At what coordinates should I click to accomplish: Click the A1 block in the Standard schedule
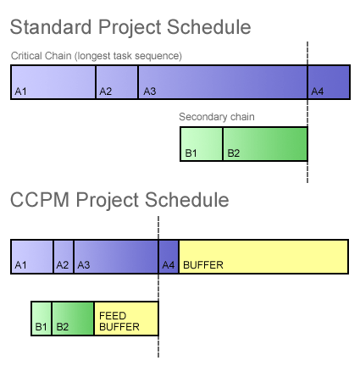[53, 82]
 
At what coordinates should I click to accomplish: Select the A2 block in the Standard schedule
[117, 82]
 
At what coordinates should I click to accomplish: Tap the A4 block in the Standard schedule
[329, 82]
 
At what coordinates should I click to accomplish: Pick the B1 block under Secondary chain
[202, 144]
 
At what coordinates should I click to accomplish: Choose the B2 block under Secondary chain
[265, 144]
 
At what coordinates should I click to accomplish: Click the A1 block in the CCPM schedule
[32, 257]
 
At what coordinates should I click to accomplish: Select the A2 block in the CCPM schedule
[64, 257]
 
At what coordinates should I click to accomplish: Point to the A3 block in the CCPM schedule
[116, 257]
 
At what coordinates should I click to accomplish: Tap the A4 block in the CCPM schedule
[169, 257]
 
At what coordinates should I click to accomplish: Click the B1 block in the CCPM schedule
[42, 319]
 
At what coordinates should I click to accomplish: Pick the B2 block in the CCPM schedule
[73, 319]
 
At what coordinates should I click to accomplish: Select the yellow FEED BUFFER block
[126, 319]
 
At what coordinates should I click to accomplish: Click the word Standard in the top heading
[51, 27]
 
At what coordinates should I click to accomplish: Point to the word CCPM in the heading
[40, 200]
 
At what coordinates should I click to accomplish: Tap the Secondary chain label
[217, 117]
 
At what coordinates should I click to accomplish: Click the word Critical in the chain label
[26, 56]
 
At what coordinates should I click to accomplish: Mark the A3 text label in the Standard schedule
[150, 91]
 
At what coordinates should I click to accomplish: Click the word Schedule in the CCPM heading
[187, 200]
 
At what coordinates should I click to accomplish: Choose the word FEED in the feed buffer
[113, 315]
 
